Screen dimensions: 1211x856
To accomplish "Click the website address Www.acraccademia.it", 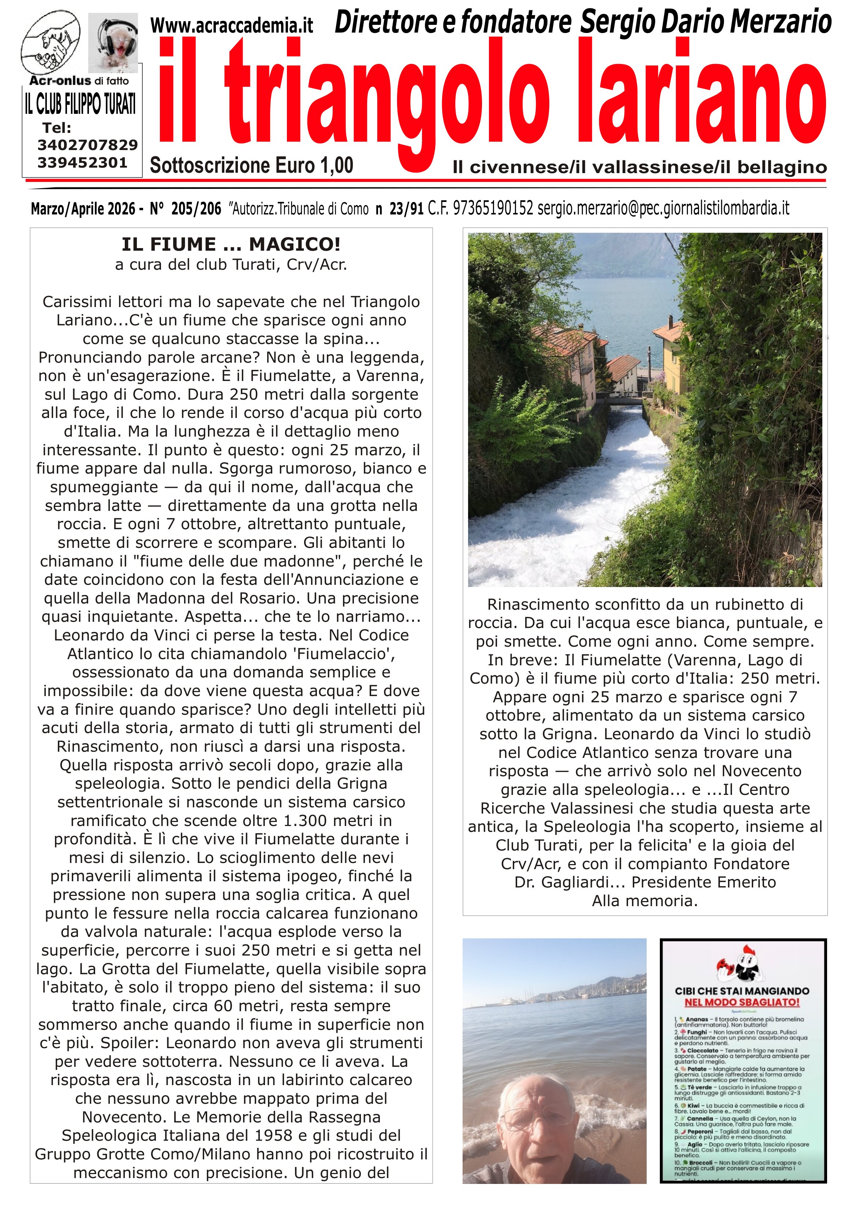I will click(232, 25).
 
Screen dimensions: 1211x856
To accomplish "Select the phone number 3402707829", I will click(87, 145).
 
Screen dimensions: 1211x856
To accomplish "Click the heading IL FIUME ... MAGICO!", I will click(231, 244).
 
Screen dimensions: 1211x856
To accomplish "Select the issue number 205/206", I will click(196, 209).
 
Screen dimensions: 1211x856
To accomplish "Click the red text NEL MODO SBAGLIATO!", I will click(741, 1002).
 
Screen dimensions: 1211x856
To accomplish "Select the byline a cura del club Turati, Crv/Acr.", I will click(231, 264).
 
